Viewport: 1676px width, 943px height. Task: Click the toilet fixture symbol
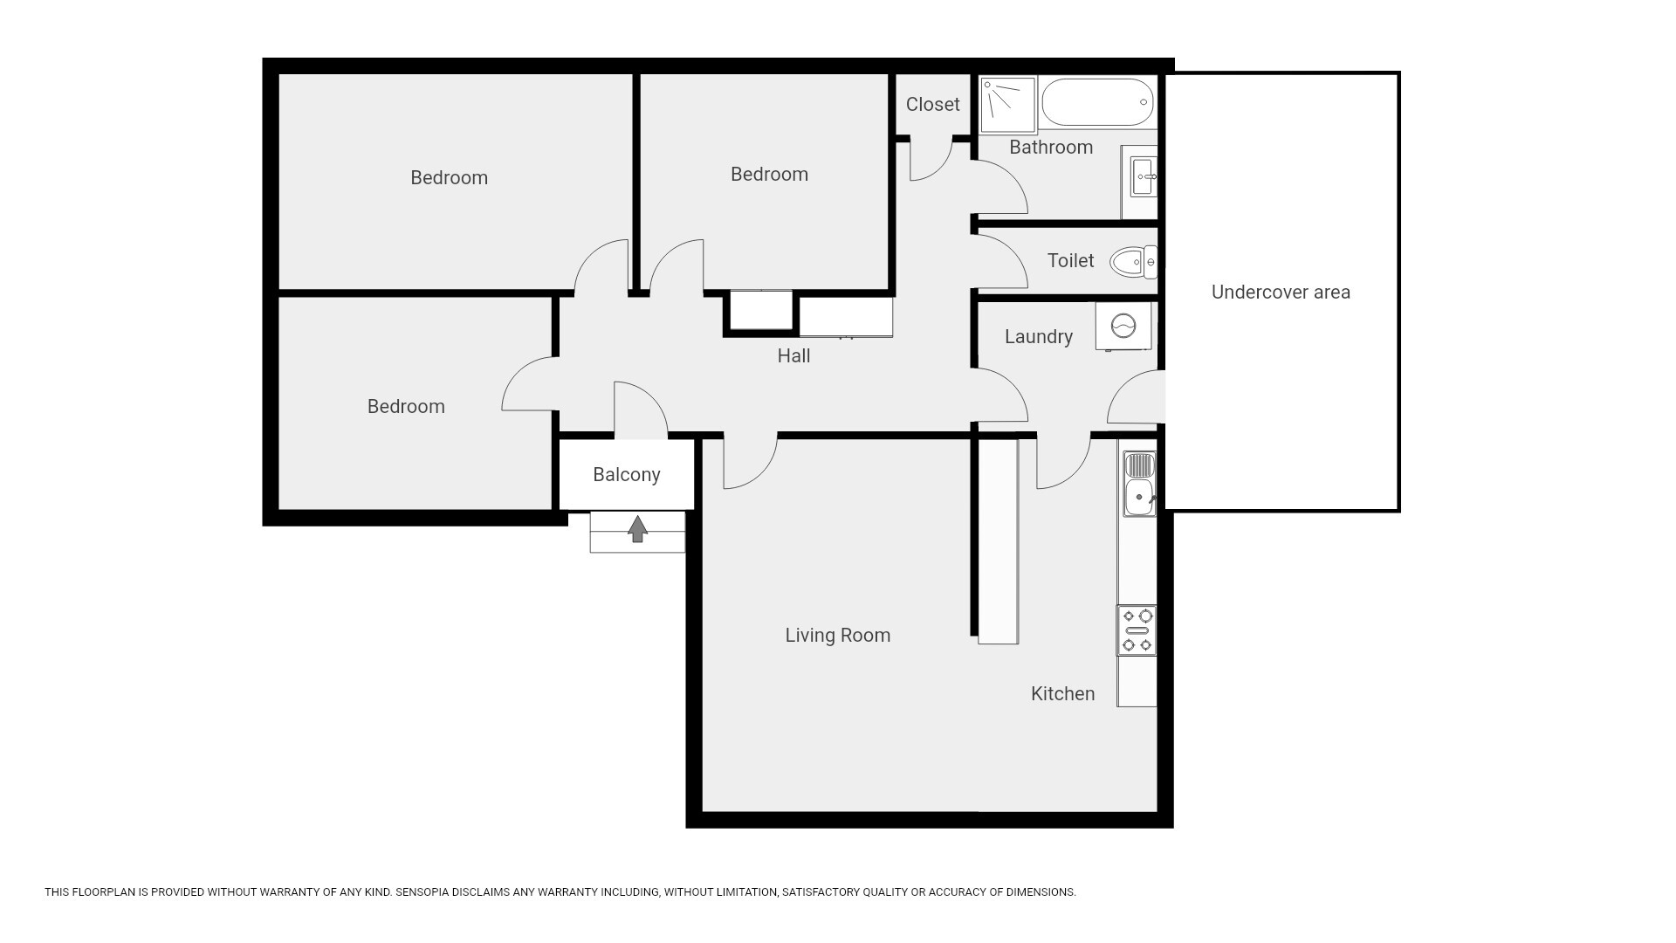[x=1133, y=261]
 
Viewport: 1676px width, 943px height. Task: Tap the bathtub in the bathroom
[x=1098, y=103]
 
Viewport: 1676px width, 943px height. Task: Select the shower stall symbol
[x=1007, y=105]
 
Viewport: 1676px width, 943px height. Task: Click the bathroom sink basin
[x=1144, y=178]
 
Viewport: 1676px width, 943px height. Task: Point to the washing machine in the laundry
[x=1123, y=327]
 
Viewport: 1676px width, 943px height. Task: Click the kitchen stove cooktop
[x=1137, y=630]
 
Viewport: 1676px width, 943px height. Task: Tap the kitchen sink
[x=1139, y=484]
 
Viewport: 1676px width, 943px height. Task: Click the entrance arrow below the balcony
[x=638, y=529]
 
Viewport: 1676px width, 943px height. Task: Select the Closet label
[x=932, y=105]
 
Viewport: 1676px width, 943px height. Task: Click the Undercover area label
[x=1281, y=293]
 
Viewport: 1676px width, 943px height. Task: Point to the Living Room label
[x=838, y=636]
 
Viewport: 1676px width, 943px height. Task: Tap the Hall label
[x=793, y=356]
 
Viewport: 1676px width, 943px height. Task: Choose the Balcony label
[x=626, y=475]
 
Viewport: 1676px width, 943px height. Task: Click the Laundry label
[x=1038, y=337]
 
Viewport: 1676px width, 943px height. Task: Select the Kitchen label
[x=1062, y=694]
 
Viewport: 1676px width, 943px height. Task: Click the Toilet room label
[x=1070, y=261]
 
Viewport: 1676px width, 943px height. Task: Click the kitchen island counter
[x=998, y=541]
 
